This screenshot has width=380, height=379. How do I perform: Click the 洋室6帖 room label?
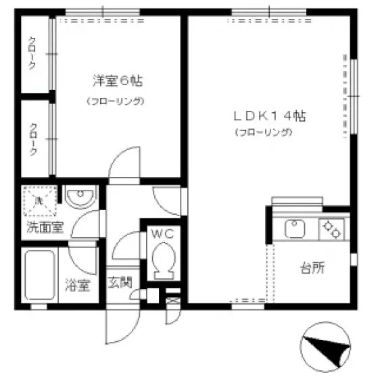(x=118, y=80)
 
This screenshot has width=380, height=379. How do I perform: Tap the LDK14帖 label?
(x=270, y=116)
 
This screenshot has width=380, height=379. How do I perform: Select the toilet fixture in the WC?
(x=164, y=261)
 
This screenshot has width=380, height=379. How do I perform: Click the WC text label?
(x=162, y=234)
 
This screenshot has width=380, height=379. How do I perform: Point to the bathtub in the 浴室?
(x=40, y=275)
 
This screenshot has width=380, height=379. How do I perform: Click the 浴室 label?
(x=78, y=285)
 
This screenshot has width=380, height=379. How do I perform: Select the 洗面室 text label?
(x=45, y=227)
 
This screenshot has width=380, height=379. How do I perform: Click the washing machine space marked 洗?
(x=40, y=201)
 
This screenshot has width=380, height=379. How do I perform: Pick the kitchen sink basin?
(x=294, y=228)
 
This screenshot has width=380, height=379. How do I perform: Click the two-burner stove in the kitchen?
(x=331, y=229)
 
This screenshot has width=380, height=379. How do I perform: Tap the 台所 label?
(x=312, y=268)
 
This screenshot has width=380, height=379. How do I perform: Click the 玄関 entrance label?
(x=120, y=282)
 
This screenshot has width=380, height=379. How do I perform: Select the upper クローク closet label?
(x=32, y=53)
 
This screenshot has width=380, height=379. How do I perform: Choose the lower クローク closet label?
(x=33, y=139)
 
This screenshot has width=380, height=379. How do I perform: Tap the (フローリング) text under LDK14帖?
(x=264, y=132)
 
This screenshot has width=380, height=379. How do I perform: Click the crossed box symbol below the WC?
(x=173, y=301)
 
